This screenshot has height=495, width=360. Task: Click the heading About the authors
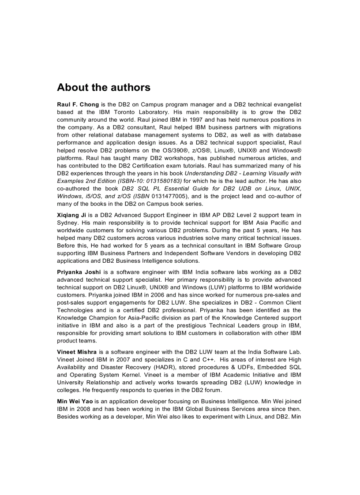(104, 87)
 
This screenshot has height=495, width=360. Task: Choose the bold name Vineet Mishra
(77, 351)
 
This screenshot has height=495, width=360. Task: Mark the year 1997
(180, 120)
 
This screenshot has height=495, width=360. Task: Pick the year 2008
(79, 409)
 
